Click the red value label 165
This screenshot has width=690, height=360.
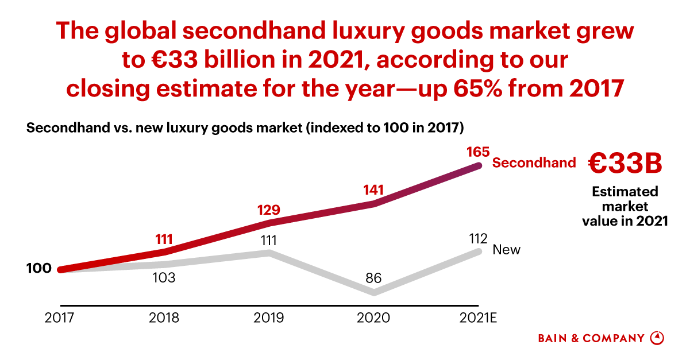(478, 152)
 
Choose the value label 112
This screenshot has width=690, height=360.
(478, 238)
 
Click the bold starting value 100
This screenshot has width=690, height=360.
(39, 268)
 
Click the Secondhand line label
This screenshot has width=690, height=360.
(534, 162)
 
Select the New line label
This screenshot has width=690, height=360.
(507, 250)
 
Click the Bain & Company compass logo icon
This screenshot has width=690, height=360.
(657, 338)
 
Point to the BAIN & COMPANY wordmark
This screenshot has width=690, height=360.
(591, 338)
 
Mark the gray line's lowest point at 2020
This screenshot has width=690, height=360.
(375, 293)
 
